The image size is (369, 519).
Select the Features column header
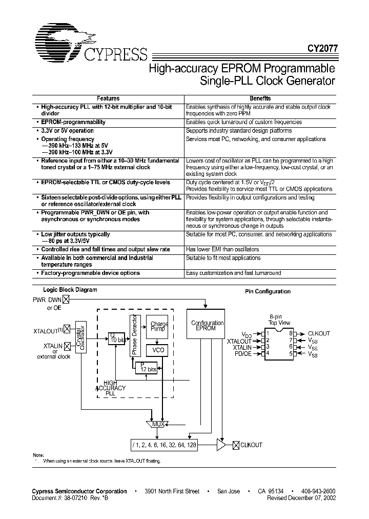(x=108, y=98)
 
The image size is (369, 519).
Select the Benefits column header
(x=260, y=98)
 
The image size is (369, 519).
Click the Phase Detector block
(x=134, y=335)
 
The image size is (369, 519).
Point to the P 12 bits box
(x=146, y=368)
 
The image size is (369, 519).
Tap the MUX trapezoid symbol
(x=158, y=425)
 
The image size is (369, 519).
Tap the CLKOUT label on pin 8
(x=319, y=333)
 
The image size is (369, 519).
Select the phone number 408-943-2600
(x=318, y=491)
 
